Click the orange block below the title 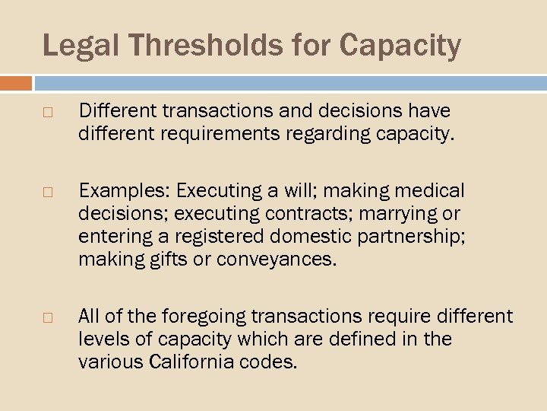16,83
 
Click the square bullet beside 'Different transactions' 47,112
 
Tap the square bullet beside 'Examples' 47,190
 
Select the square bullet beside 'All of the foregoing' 47,316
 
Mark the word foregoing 193,316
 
